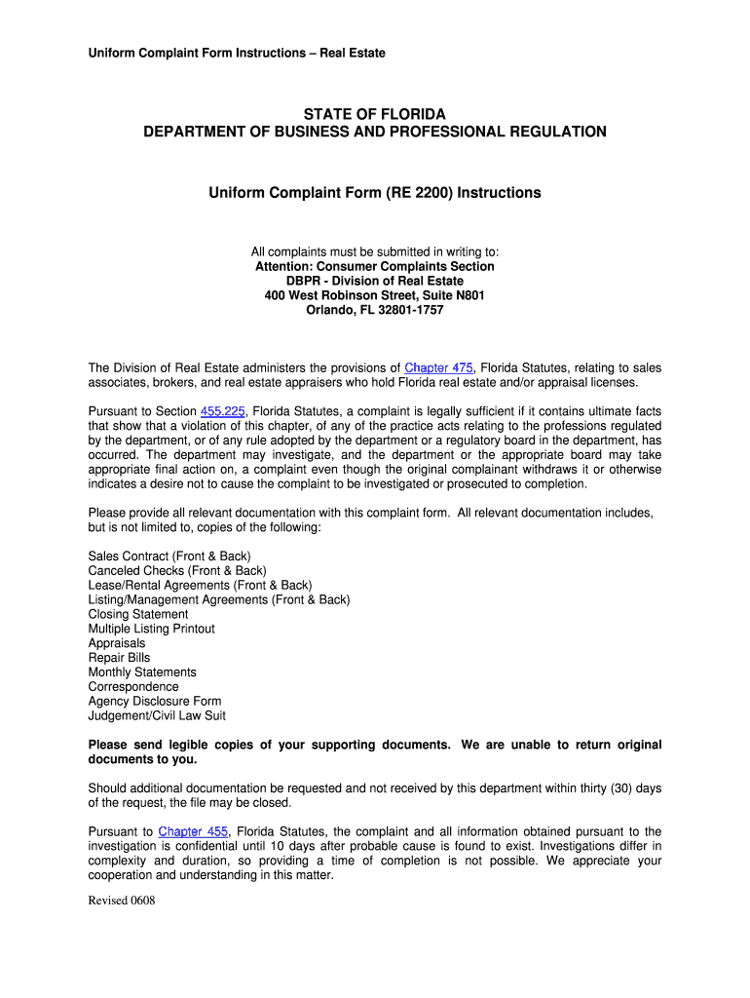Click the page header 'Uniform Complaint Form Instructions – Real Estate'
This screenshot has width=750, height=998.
click(x=237, y=53)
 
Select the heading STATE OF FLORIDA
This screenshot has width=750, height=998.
click(x=375, y=115)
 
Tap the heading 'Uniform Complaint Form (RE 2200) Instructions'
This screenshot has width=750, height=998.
click(x=375, y=193)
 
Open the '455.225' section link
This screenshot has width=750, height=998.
click(x=222, y=411)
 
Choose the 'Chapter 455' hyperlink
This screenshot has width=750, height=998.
click(x=193, y=831)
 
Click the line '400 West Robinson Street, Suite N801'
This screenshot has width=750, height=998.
click(x=375, y=295)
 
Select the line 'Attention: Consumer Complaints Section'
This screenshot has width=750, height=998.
click(x=375, y=266)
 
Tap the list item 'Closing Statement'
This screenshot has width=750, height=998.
click(x=138, y=614)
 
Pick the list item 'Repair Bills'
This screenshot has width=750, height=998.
click(x=120, y=658)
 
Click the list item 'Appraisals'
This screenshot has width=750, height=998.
click(x=117, y=643)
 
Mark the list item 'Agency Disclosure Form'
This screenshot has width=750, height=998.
click(x=155, y=701)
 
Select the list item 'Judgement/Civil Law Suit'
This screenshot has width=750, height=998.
click(x=157, y=715)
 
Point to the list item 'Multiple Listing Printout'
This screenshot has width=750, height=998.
click(x=152, y=629)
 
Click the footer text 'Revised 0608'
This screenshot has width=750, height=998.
click(x=122, y=901)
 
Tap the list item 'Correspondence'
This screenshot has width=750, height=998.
click(x=133, y=686)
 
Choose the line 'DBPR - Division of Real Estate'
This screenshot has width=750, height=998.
click(x=375, y=281)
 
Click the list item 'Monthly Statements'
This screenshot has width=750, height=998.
click(x=142, y=672)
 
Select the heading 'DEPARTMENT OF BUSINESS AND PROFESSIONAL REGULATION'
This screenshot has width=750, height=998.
click(x=375, y=132)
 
